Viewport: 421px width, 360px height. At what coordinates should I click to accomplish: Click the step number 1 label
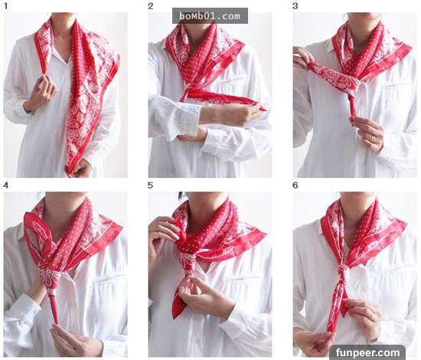click(x=6, y=6)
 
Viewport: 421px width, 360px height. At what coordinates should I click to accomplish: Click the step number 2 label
click(x=151, y=6)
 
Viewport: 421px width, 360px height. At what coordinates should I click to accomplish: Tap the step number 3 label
click(x=295, y=6)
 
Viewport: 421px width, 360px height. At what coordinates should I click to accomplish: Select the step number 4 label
click(x=6, y=185)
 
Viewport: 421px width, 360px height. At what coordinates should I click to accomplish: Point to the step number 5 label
click(x=151, y=185)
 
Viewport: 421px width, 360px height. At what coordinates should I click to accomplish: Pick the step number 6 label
click(x=295, y=185)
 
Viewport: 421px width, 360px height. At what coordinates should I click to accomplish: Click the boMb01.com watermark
click(x=210, y=16)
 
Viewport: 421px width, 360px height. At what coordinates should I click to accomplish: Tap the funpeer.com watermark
click(x=367, y=352)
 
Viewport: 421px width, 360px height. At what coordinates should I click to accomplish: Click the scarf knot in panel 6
click(x=341, y=270)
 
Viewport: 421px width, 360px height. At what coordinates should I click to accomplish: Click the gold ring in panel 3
click(x=373, y=138)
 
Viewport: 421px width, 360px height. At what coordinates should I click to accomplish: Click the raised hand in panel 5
click(x=163, y=232)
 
